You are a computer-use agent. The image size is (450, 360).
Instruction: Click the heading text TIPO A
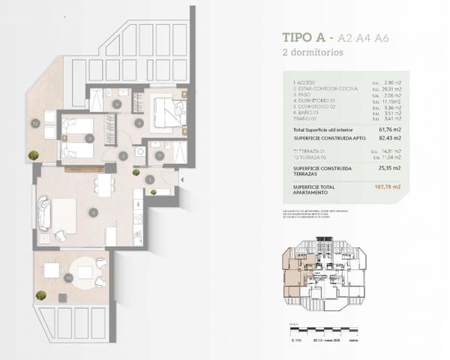pyautogui.click(x=305, y=37)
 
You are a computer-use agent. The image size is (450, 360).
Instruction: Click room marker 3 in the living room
pyautogui.click(x=92, y=212)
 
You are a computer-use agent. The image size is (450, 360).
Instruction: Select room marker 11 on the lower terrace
pyautogui.click(x=69, y=278)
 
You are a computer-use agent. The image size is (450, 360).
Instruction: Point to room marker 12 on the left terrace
pyautogui.click(x=35, y=121)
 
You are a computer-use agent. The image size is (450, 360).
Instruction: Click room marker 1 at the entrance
pyautogui.click(x=151, y=178)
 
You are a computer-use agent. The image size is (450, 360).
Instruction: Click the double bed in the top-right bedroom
pyautogui.click(x=166, y=111)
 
